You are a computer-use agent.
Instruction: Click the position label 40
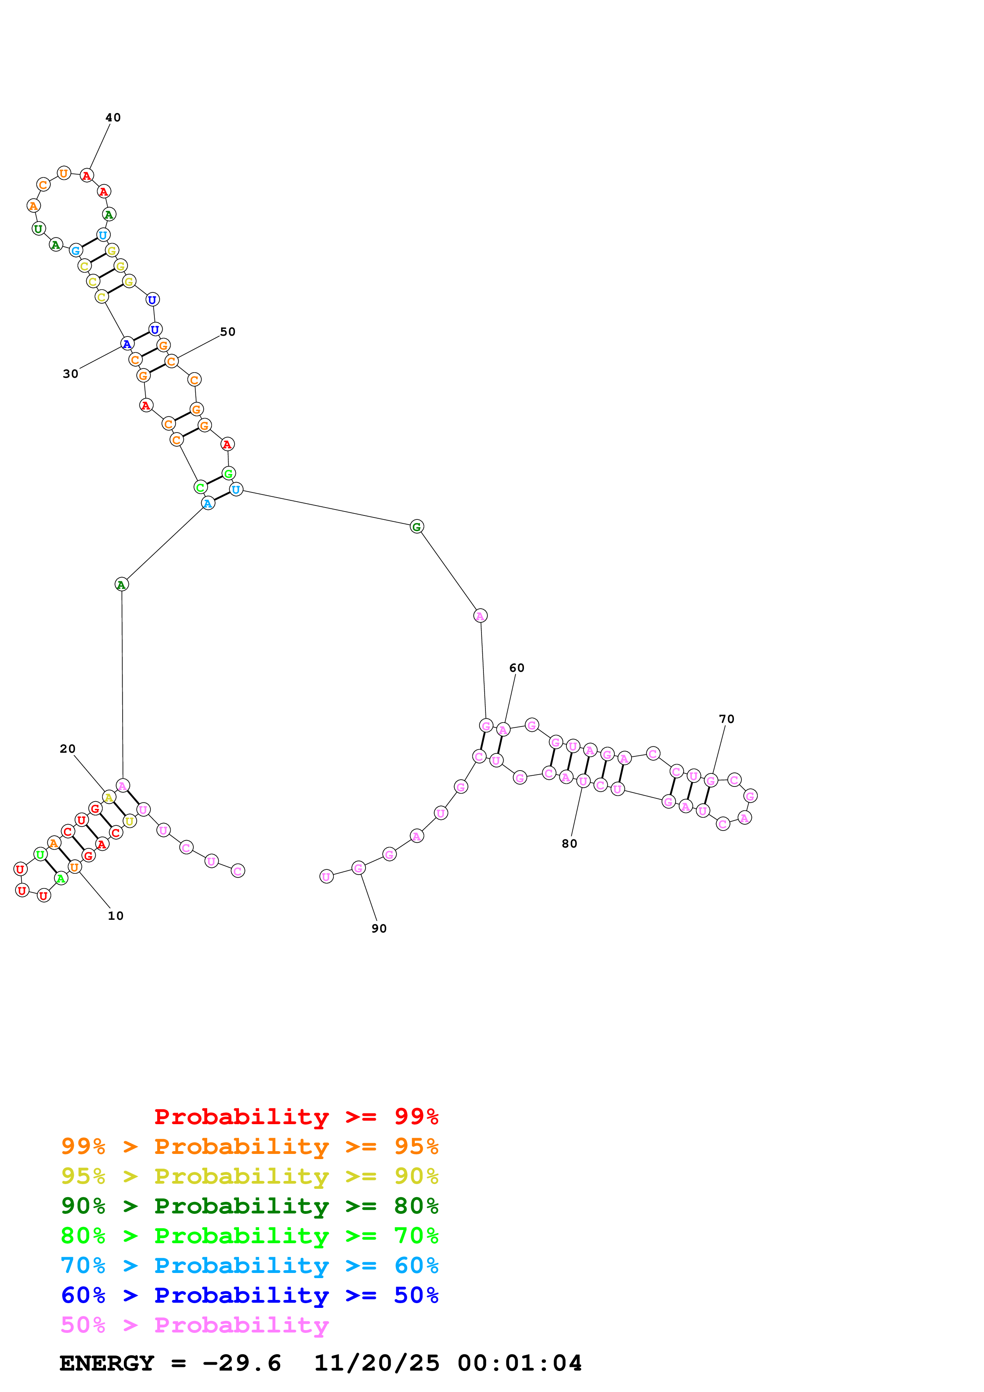pos(113,117)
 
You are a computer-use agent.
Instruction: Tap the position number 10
pos(115,916)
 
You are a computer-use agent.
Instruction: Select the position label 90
pos(379,929)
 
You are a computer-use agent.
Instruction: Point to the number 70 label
pos(726,719)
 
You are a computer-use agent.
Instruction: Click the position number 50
pos(227,332)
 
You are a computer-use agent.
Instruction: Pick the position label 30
pos(70,374)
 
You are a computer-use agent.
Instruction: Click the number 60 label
pos(516,668)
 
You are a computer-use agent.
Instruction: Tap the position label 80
pos(569,844)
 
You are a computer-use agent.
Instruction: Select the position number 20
pos(67,749)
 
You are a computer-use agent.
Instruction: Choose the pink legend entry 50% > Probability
pos(194,1325)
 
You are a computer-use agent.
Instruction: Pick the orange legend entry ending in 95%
pos(250,1146)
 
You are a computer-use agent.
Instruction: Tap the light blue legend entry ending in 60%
pos(250,1266)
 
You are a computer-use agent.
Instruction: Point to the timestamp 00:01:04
pos(520,1363)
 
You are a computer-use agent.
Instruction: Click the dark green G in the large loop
pos(416,527)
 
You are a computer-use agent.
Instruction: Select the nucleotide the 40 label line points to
pos(87,176)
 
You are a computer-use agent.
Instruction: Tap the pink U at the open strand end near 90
pos(326,877)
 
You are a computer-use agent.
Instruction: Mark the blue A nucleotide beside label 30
pos(127,344)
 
